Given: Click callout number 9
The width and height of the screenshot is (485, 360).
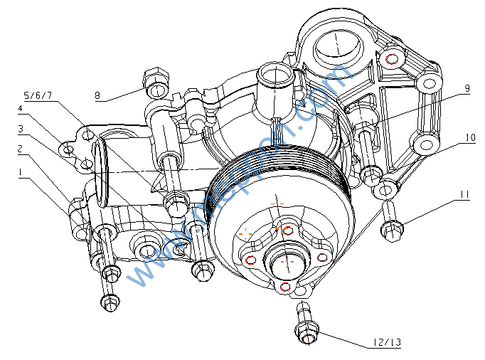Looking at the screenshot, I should [x=467, y=88].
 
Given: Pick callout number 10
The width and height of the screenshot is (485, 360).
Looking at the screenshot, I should [x=470, y=137].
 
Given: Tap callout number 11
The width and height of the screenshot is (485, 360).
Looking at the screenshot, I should [x=464, y=194].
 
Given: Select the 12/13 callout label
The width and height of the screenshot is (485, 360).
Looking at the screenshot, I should [x=386, y=343].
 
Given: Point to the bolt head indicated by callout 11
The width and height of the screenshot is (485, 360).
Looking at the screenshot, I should [x=393, y=229].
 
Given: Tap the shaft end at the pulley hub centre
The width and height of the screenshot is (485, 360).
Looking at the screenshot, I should [x=287, y=260].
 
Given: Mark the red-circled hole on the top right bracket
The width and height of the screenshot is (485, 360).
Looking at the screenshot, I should [x=390, y=58].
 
